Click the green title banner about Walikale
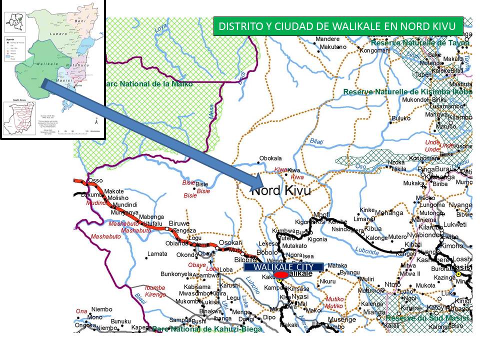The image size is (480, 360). [x=338, y=26]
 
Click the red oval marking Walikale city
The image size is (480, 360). [x=281, y=275]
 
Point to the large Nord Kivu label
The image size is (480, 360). [x=280, y=190]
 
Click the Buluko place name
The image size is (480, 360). [x=400, y=118]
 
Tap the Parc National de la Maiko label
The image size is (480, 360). [x=147, y=84]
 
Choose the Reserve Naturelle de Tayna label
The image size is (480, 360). [x=420, y=43]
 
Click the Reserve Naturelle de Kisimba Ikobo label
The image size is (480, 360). [x=407, y=92]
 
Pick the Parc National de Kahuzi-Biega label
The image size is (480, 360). [x=207, y=329]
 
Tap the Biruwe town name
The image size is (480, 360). [x=179, y=223]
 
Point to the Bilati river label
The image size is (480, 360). [x=316, y=141]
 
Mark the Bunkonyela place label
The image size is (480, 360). [x=176, y=274]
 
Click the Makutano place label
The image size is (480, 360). [x=333, y=47]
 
